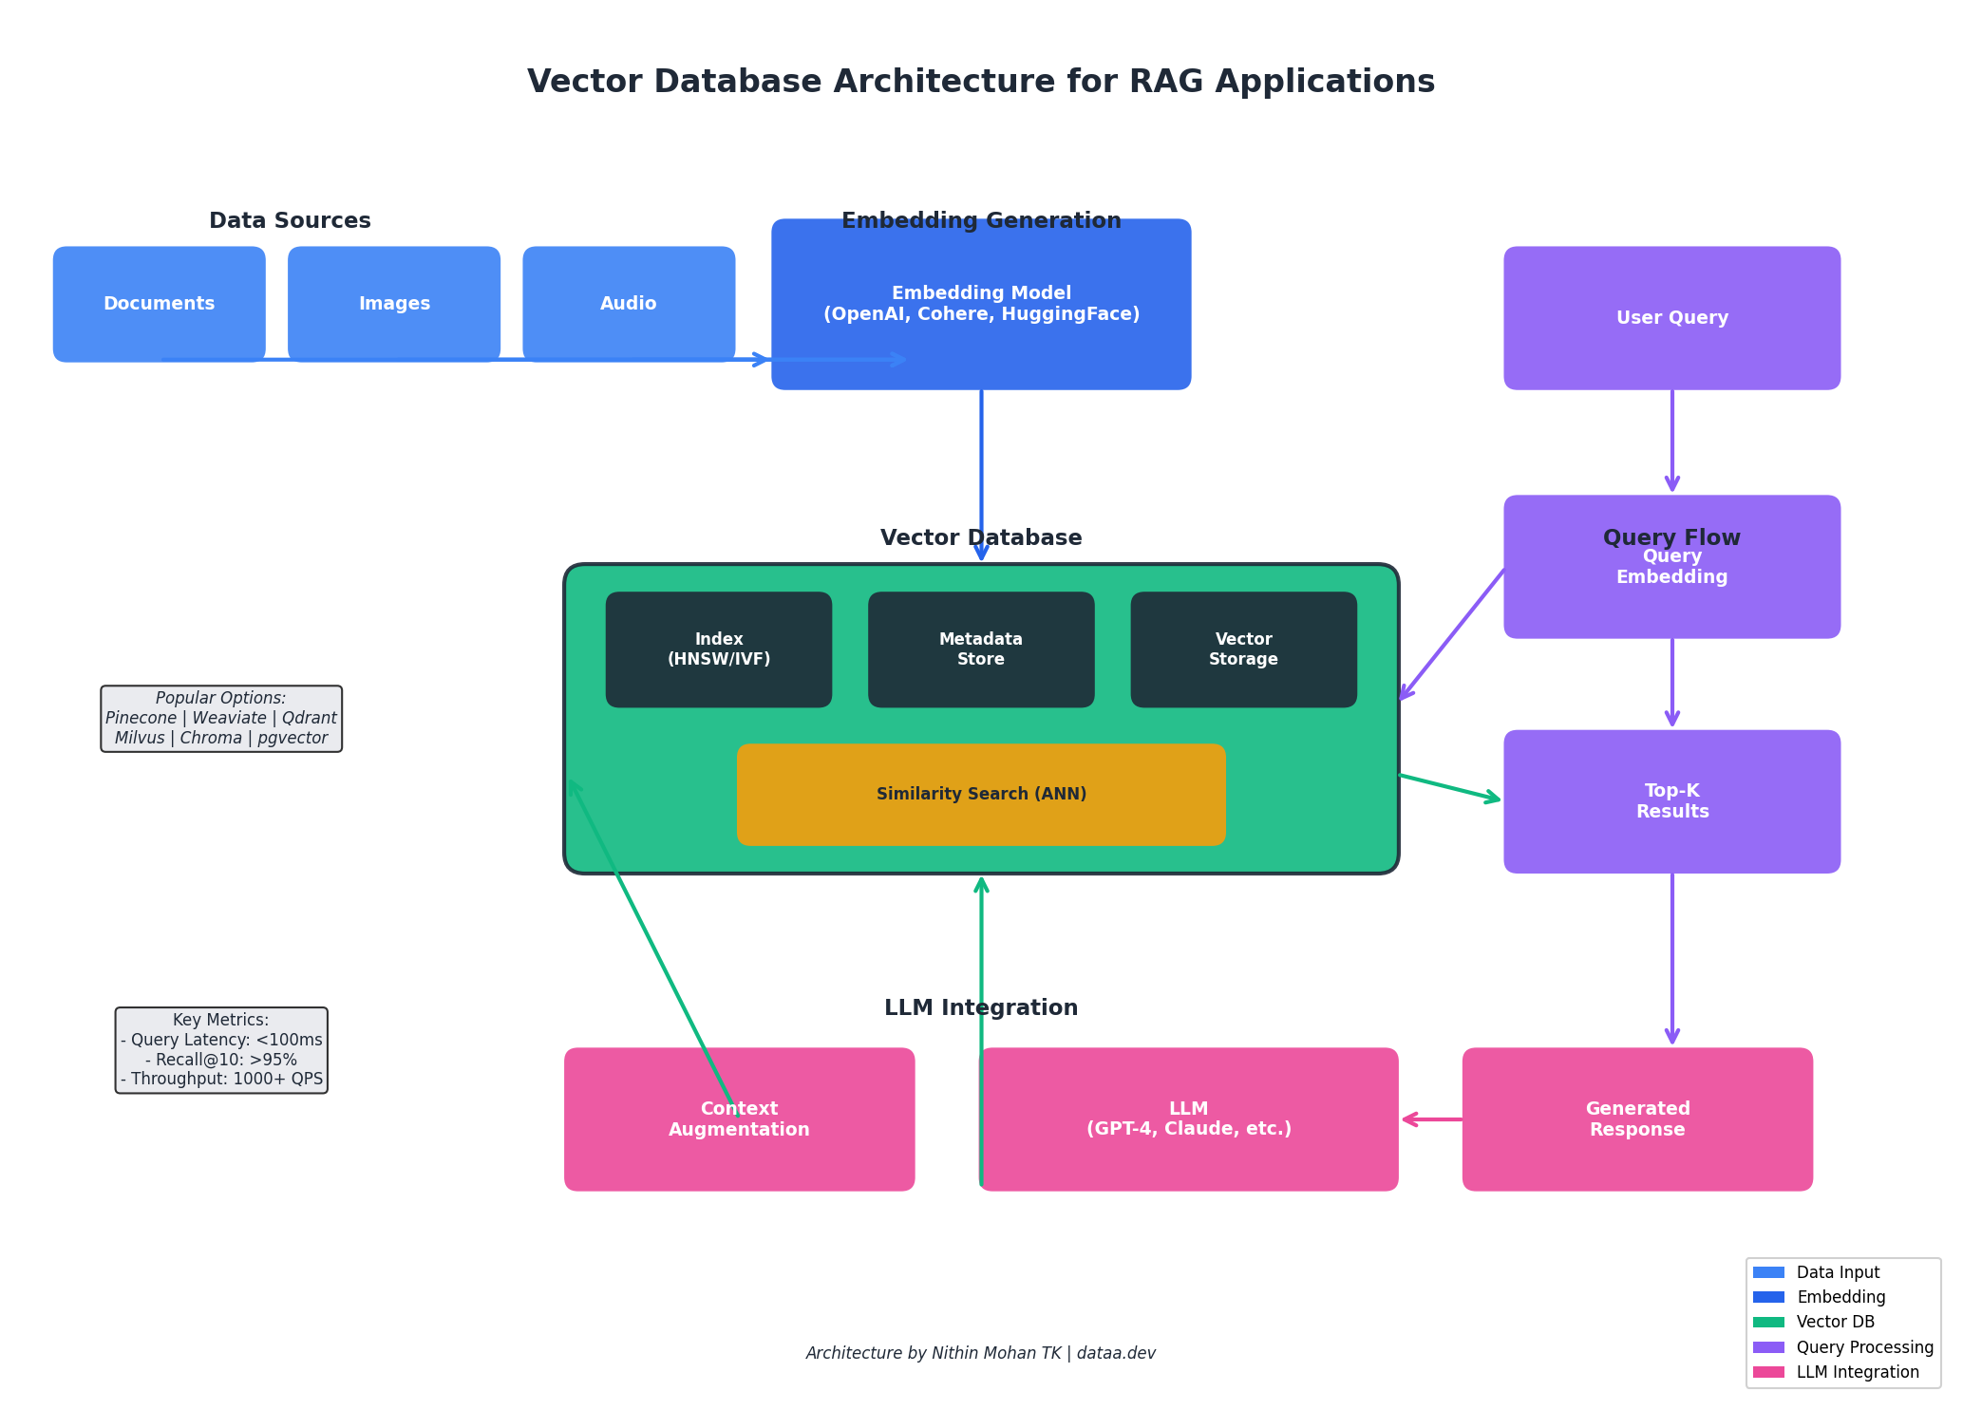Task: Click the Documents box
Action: [x=159, y=304]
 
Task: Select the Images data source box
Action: [x=394, y=304]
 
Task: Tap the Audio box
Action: [x=629, y=304]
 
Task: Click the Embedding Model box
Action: [x=981, y=304]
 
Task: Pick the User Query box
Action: [x=1671, y=318]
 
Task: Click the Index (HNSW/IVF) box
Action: [x=719, y=649]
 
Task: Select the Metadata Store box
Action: [x=981, y=649]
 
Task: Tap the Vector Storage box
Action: [x=1243, y=649]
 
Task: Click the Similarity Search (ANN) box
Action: [x=981, y=794]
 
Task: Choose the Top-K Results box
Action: [x=1671, y=801]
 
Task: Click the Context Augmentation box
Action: [x=739, y=1119]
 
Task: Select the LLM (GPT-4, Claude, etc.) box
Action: [x=1188, y=1119]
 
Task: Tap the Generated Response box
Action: [x=1637, y=1119]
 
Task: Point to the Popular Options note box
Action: [x=221, y=719]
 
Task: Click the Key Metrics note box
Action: [x=221, y=1050]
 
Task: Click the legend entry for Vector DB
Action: [x=1834, y=1322]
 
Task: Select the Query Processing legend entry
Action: [x=1863, y=1347]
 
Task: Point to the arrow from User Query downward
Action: [x=1671, y=441]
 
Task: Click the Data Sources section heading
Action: [x=290, y=221]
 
